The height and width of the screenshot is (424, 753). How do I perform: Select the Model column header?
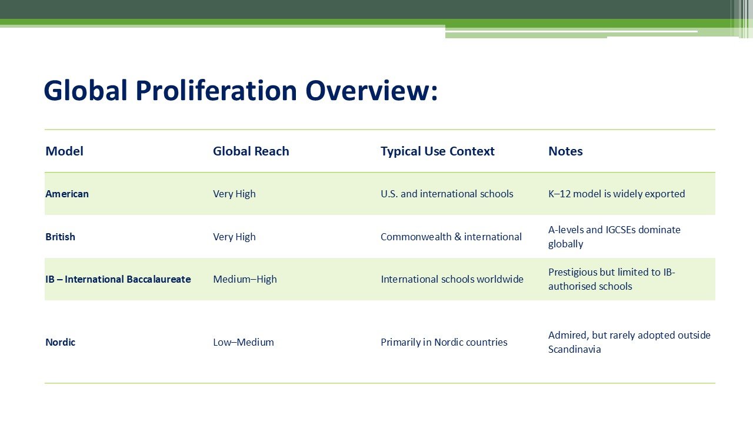tap(64, 151)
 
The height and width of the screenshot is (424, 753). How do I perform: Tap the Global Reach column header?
tap(251, 151)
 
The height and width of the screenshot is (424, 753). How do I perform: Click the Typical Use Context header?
tap(437, 151)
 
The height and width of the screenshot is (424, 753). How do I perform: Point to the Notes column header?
tap(565, 151)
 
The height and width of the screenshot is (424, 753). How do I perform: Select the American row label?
tap(67, 194)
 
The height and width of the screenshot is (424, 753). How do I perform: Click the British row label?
tap(60, 237)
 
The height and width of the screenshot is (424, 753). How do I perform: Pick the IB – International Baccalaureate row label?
tap(118, 279)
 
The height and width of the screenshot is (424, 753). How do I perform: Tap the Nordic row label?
tap(60, 342)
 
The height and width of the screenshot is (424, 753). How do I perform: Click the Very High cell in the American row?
tap(234, 194)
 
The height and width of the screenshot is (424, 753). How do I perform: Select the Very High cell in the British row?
tap(234, 237)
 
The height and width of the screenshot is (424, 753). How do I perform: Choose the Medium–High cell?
tap(245, 279)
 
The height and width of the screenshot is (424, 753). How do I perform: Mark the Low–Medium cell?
tap(243, 342)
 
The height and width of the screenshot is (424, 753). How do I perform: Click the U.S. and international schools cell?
tap(447, 194)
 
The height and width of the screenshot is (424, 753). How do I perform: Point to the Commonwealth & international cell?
tap(451, 237)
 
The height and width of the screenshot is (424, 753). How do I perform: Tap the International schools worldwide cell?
tap(452, 279)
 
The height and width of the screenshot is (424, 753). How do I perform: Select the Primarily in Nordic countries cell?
tap(444, 342)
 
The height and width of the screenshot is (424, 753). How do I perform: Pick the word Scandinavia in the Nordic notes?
tap(574, 349)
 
